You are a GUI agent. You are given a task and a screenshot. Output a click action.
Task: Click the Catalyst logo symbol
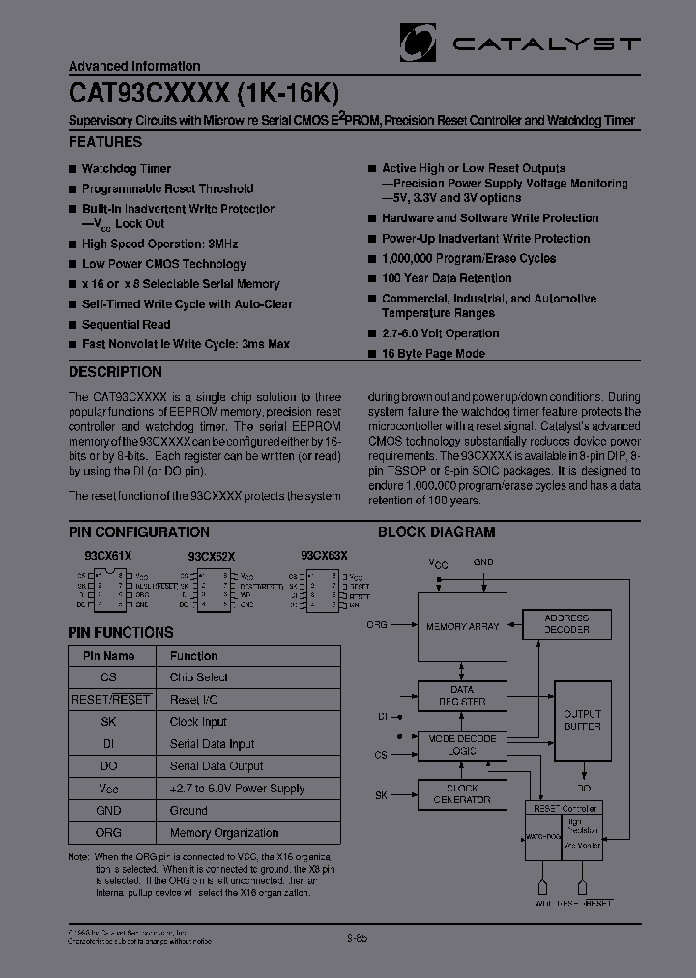419,42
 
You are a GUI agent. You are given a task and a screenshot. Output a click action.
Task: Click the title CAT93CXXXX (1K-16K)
204,92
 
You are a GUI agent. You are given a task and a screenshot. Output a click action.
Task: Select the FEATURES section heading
105,142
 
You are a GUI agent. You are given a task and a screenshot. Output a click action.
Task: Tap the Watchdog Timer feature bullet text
127,168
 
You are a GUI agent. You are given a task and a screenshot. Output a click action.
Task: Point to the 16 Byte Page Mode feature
433,354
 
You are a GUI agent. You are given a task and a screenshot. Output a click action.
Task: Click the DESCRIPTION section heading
115,372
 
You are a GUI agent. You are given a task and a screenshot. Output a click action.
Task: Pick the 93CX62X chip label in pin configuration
212,557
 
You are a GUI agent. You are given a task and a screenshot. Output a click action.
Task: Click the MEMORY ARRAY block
463,627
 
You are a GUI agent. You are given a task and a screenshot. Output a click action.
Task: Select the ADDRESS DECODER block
566,623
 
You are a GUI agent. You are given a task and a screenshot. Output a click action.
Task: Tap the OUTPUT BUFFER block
582,720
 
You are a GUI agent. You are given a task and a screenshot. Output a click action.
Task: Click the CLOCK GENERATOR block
462,794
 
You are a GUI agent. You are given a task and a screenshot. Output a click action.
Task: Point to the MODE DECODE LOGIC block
462,744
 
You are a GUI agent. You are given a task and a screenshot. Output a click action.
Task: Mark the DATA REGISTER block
462,695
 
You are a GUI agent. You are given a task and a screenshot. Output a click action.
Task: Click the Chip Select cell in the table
199,677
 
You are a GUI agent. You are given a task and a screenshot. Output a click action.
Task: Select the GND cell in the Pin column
108,811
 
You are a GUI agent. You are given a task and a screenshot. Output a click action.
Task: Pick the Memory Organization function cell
224,833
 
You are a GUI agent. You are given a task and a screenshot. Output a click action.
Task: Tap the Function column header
194,655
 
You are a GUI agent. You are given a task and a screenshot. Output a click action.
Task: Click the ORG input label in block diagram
377,625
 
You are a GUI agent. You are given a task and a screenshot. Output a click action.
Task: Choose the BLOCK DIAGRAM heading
436,532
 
